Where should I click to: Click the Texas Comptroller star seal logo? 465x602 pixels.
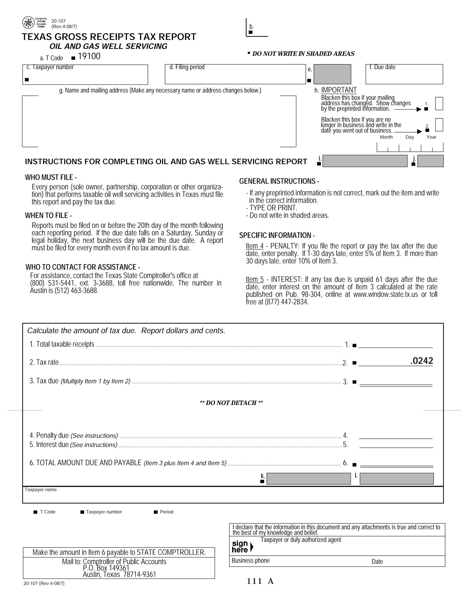[28, 22]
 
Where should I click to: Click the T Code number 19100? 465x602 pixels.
[89, 56]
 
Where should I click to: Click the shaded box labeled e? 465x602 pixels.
[332, 74]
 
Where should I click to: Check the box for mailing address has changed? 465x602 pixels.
[439, 104]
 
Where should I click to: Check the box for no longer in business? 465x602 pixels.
[439, 124]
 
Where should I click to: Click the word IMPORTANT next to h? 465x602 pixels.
[339, 90]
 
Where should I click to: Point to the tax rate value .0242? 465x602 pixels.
[421, 361]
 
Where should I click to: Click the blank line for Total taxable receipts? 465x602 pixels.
[395, 345]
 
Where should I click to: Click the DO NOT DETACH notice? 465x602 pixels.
[231, 403]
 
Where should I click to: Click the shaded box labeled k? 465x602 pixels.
[309, 479]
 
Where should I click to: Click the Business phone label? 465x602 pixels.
[250, 561]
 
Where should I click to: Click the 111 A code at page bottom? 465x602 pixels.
[260, 581]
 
